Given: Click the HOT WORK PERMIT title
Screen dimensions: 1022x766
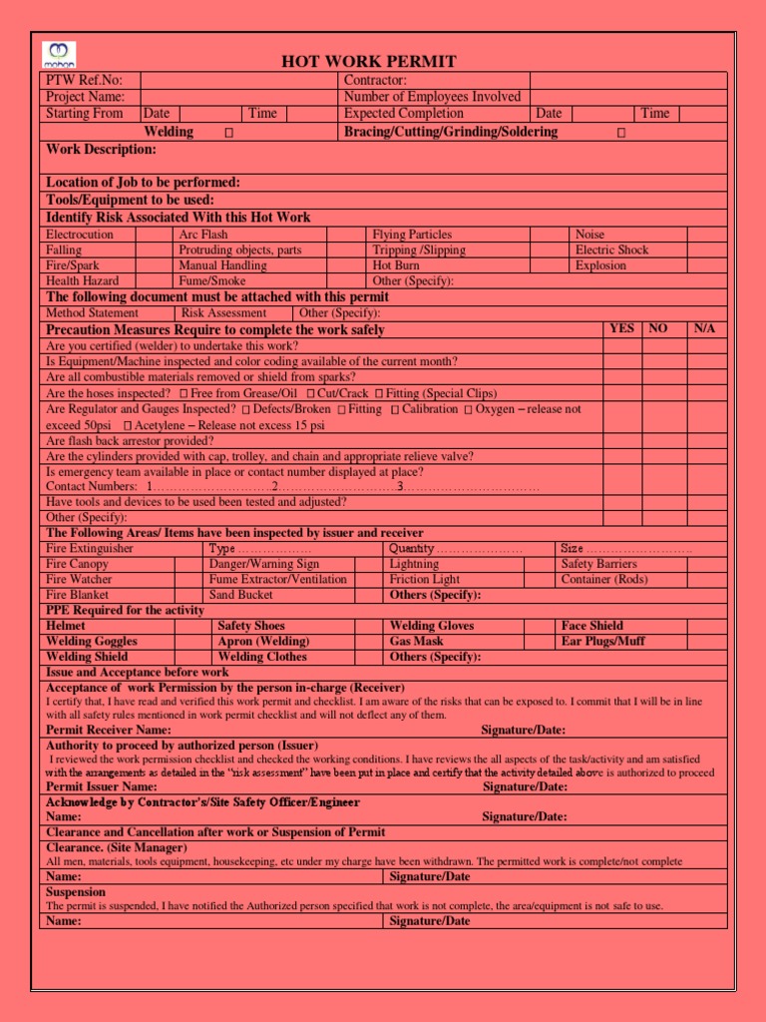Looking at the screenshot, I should (x=369, y=62).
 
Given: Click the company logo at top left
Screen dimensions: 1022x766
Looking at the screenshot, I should (x=59, y=55).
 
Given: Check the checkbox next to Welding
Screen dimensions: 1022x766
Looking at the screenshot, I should (x=228, y=133).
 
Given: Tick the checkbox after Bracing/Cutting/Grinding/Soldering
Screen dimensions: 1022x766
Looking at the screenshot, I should (x=621, y=133).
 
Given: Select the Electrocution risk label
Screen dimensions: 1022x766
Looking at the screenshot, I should (x=80, y=235).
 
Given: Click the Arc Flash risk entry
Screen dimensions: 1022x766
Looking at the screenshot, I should (x=203, y=235).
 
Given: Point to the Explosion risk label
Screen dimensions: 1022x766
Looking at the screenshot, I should (x=600, y=265).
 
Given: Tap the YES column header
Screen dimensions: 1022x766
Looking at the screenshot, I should (x=621, y=328).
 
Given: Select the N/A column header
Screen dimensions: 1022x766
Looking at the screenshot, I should (x=704, y=328).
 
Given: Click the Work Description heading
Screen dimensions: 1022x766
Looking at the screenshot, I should (x=102, y=150).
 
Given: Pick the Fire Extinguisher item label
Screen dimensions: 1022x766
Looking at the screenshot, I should (x=90, y=549).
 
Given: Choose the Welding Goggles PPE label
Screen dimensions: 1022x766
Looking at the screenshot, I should (x=92, y=642).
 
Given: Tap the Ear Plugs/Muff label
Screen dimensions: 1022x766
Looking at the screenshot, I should (x=602, y=642).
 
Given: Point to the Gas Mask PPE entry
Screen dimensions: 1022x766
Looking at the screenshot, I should (x=417, y=642).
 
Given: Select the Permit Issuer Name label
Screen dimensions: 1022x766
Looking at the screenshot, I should (x=105, y=787).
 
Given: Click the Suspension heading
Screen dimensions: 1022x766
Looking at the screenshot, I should (x=76, y=892).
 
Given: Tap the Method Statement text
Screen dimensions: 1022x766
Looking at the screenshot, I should (x=92, y=313).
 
